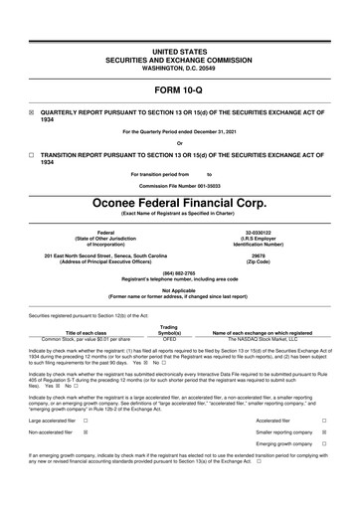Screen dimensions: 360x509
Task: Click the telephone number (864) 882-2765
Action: (x=179, y=271)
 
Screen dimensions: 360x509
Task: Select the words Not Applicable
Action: (x=179, y=289)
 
